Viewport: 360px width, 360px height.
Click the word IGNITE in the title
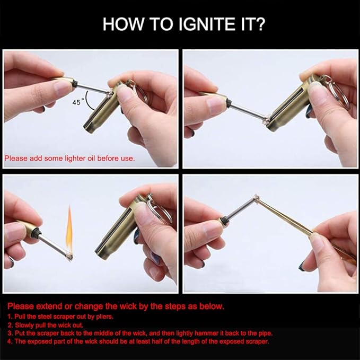click(x=207, y=24)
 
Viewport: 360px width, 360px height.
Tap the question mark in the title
click(x=259, y=24)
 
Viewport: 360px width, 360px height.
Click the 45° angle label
click(x=77, y=102)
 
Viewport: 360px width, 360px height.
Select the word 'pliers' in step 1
click(x=104, y=317)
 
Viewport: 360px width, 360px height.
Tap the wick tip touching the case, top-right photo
click(x=266, y=120)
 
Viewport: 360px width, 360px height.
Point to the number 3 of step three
click(x=10, y=333)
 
